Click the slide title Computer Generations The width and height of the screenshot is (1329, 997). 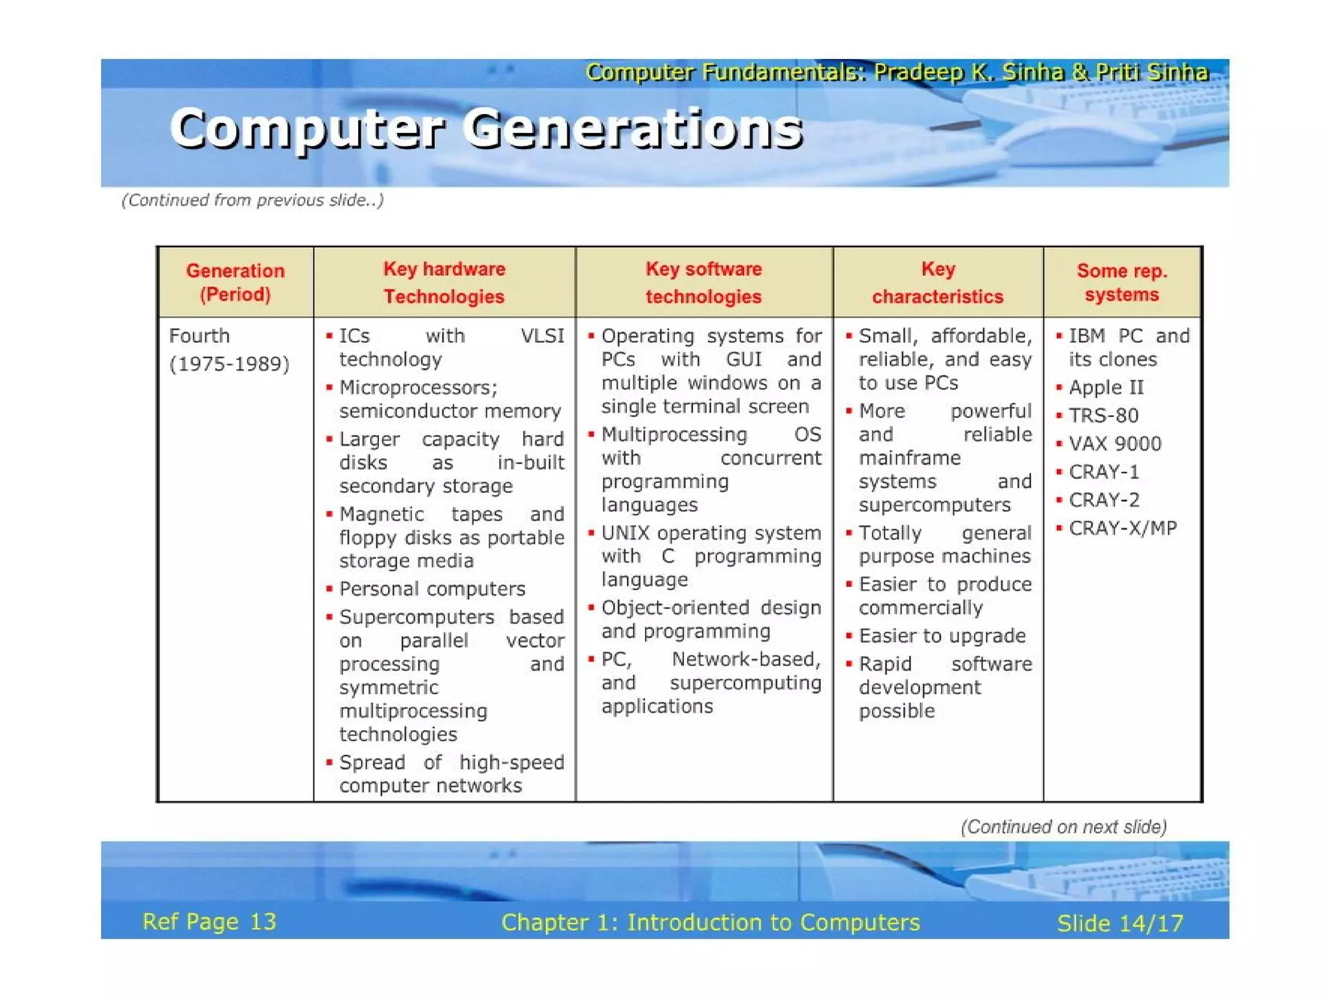[487, 129]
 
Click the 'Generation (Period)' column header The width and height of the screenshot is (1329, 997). [235, 282]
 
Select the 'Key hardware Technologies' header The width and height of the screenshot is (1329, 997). [444, 282]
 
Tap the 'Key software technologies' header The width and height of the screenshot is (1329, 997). [703, 282]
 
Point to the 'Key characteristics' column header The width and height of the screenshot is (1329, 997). [938, 282]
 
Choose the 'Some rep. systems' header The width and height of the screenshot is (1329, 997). [1122, 282]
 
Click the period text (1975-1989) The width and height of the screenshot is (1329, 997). [229, 363]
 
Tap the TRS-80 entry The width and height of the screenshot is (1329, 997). [1103, 415]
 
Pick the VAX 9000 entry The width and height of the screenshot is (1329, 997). [1115, 444]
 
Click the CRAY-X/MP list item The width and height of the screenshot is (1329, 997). [1123, 528]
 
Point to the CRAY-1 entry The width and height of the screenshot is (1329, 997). [1104, 472]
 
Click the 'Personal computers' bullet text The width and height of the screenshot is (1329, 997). [432, 589]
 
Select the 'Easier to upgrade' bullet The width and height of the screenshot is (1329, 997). [942, 636]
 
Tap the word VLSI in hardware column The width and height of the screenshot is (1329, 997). [543, 336]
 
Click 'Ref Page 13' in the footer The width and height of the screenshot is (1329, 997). [209, 922]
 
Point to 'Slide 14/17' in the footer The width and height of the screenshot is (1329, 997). [1120, 923]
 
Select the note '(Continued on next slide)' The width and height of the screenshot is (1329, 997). [1064, 827]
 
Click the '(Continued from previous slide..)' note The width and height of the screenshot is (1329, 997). [252, 200]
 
